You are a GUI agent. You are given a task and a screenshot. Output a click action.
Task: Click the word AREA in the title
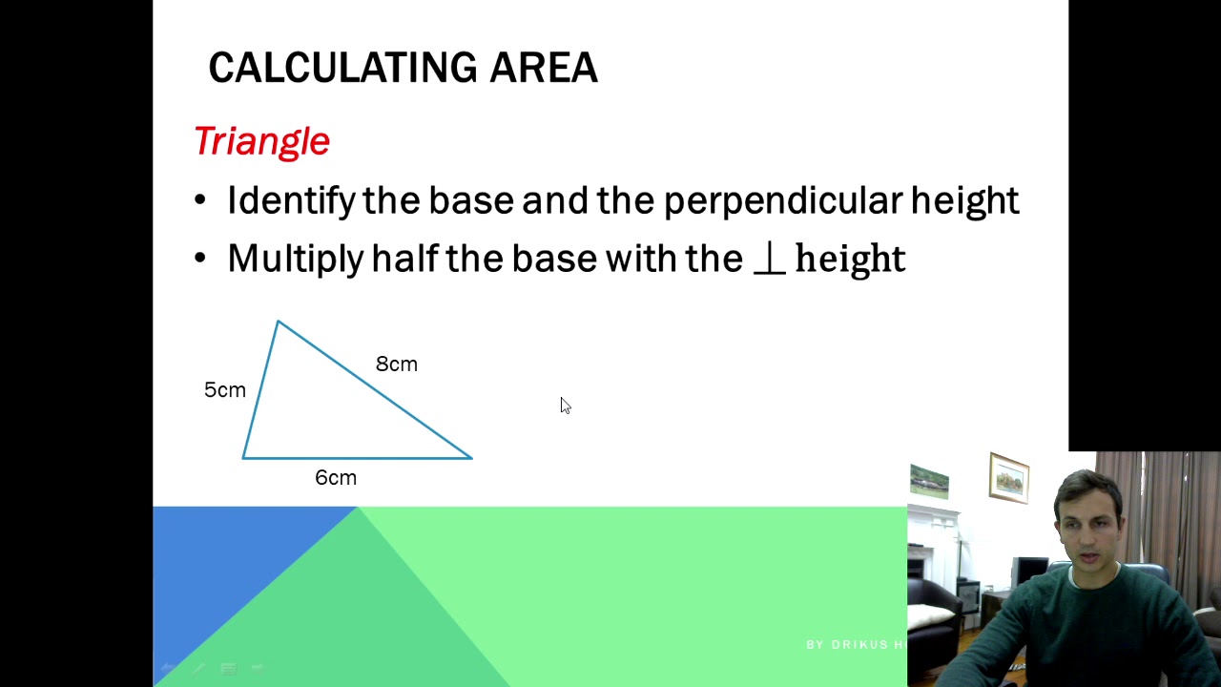tap(544, 68)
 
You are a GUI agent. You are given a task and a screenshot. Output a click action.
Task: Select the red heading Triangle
tap(261, 141)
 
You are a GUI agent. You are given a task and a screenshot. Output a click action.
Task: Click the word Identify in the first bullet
tap(290, 200)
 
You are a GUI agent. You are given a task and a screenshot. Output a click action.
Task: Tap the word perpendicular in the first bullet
tap(781, 201)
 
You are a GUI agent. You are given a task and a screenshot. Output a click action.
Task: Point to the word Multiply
tap(295, 260)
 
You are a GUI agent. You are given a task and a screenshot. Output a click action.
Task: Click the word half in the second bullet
tap(404, 259)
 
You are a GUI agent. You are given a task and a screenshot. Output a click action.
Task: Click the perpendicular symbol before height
tap(769, 260)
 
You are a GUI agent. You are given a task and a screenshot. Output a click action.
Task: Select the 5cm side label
tap(225, 390)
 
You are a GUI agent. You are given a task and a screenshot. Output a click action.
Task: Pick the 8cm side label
tap(396, 364)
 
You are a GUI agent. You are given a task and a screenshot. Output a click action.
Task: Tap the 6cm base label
tap(336, 478)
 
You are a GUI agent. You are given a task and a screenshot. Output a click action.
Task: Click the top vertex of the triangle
tap(278, 323)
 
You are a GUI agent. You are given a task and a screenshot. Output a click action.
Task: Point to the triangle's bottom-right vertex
tap(471, 458)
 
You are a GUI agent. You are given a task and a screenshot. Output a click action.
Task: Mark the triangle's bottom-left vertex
tap(243, 458)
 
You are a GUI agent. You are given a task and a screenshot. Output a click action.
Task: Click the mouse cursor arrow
tap(564, 405)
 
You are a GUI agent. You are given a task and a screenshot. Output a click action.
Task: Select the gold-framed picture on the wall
tap(1008, 478)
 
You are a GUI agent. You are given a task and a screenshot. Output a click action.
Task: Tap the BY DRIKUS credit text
tap(855, 645)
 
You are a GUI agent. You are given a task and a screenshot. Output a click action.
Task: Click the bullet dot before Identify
tap(199, 201)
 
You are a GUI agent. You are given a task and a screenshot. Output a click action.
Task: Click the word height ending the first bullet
tap(964, 201)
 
